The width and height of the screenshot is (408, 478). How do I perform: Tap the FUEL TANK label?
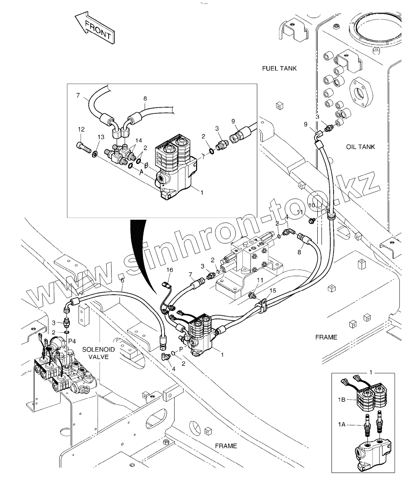279,68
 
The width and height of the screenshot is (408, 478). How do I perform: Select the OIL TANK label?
360,147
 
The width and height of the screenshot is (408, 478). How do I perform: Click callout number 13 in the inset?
101,137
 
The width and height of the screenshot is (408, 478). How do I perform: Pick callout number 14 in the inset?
138,140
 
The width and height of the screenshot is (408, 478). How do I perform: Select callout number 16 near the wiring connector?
170,270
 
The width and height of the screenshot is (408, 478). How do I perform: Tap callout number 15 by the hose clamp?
273,290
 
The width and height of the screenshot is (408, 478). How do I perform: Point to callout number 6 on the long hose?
122,280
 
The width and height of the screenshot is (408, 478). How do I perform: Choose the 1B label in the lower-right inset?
341,400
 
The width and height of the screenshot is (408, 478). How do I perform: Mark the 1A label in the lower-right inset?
341,425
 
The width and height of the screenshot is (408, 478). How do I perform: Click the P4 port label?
72,342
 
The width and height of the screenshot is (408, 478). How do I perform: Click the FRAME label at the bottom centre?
226,446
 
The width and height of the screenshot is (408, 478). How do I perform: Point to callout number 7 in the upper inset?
78,96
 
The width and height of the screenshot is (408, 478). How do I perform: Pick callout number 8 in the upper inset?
145,99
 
